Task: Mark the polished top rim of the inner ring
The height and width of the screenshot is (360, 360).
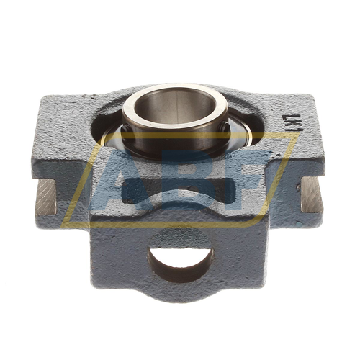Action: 175,91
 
